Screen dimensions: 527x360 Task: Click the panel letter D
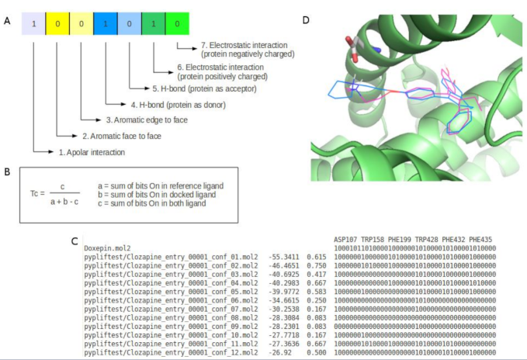point(316,19)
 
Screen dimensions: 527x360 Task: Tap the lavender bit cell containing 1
point(34,24)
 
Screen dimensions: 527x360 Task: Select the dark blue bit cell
point(106,24)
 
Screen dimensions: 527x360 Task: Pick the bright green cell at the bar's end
point(177,24)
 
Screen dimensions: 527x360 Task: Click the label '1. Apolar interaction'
point(92,152)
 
